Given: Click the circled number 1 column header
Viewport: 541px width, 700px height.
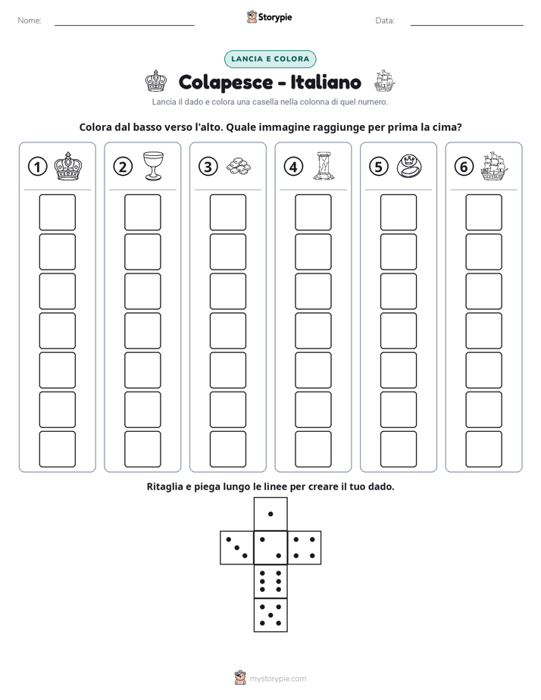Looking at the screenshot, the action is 37,167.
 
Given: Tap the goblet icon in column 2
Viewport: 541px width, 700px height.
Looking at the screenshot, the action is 153,166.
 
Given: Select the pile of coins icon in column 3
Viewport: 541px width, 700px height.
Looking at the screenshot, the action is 239,166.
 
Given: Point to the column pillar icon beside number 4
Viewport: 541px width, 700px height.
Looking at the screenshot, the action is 324,166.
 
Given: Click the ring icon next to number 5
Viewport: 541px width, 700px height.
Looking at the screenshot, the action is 409,166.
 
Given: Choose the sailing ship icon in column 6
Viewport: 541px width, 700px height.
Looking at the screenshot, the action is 495,166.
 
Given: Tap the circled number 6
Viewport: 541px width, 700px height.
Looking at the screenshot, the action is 464,167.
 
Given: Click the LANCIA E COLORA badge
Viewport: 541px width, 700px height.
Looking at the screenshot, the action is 270,59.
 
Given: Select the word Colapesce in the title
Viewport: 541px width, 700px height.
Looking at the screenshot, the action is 226,83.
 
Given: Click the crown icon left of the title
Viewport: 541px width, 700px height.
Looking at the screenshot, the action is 156,81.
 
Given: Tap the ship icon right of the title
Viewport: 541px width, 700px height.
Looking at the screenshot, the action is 384,81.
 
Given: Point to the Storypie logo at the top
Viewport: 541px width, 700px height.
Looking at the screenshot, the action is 269,17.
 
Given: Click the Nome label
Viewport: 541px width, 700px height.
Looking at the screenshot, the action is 30,20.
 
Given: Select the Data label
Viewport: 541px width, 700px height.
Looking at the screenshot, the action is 385,20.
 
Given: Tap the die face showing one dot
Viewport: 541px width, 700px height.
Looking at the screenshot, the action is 270,514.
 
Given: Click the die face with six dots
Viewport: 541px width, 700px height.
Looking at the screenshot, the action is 270,581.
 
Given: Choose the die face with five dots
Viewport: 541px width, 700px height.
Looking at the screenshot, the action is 270,615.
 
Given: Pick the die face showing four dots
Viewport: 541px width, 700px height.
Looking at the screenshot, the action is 305,548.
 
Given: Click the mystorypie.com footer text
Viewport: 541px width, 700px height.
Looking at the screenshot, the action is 277,679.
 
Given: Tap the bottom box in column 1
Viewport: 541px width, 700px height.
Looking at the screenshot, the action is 57,449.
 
